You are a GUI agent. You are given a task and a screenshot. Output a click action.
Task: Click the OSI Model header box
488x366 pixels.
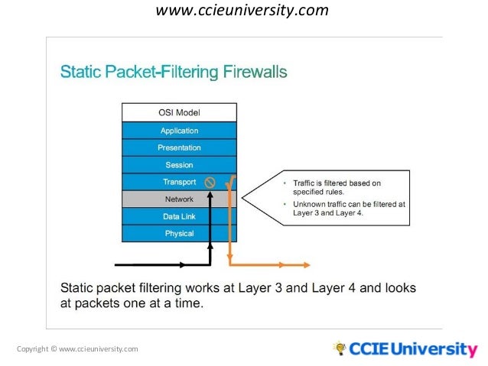coord(179,113)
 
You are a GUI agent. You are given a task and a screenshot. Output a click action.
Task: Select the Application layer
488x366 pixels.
coord(179,131)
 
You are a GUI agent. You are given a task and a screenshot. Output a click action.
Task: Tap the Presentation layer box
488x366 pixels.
coord(179,147)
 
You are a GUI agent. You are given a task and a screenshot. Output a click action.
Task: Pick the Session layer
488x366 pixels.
coord(179,165)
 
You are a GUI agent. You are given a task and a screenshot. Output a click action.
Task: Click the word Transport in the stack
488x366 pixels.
coord(179,182)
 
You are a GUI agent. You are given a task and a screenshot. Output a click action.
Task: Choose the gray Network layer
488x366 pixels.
coord(179,199)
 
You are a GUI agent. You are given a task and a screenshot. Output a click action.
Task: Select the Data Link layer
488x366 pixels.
coord(179,216)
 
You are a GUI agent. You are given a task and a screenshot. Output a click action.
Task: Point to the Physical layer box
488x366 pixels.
coord(179,233)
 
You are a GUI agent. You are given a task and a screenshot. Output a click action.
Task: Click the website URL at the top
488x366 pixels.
coord(242,11)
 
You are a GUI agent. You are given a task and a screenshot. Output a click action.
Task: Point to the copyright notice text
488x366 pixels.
coord(77,349)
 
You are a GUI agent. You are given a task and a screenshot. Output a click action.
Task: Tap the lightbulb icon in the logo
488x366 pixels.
coord(340,348)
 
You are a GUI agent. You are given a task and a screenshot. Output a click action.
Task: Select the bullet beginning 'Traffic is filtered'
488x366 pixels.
coord(340,187)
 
